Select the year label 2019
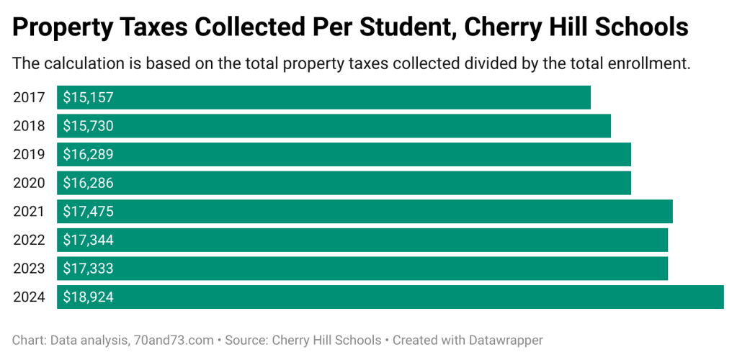coord(29,155)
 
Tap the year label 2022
coord(29,240)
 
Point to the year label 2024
coord(29,297)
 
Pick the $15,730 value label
coord(88,126)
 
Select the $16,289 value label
coord(88,155)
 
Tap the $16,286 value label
coord(88,183)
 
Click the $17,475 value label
coord(88,212)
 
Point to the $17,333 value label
coord(88,269)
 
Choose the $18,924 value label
coord(88,297)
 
